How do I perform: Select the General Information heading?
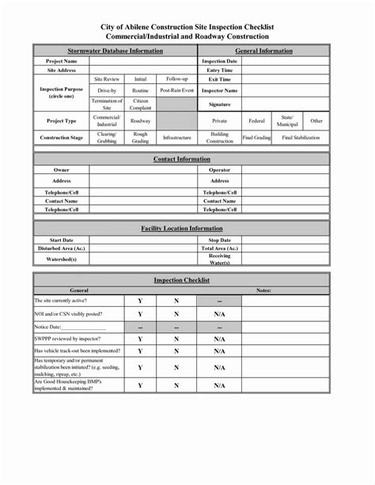point(263,51)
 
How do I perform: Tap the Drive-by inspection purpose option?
point(106,91)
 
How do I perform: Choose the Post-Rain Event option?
point(176,91)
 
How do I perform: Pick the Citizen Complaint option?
point(141,104)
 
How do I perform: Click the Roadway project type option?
point(141,121)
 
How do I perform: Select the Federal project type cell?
point(256,121)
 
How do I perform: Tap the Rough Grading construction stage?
point(141,137)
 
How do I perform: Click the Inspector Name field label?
point(219,91)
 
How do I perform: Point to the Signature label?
point(219,104)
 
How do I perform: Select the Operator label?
point(219,170)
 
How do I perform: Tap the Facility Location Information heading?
point(182,228)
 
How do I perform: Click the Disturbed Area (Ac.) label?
point(62,248)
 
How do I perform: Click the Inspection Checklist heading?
point(182,281)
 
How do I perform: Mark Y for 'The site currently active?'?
point(140,301)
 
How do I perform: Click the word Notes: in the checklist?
point(263,290)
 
